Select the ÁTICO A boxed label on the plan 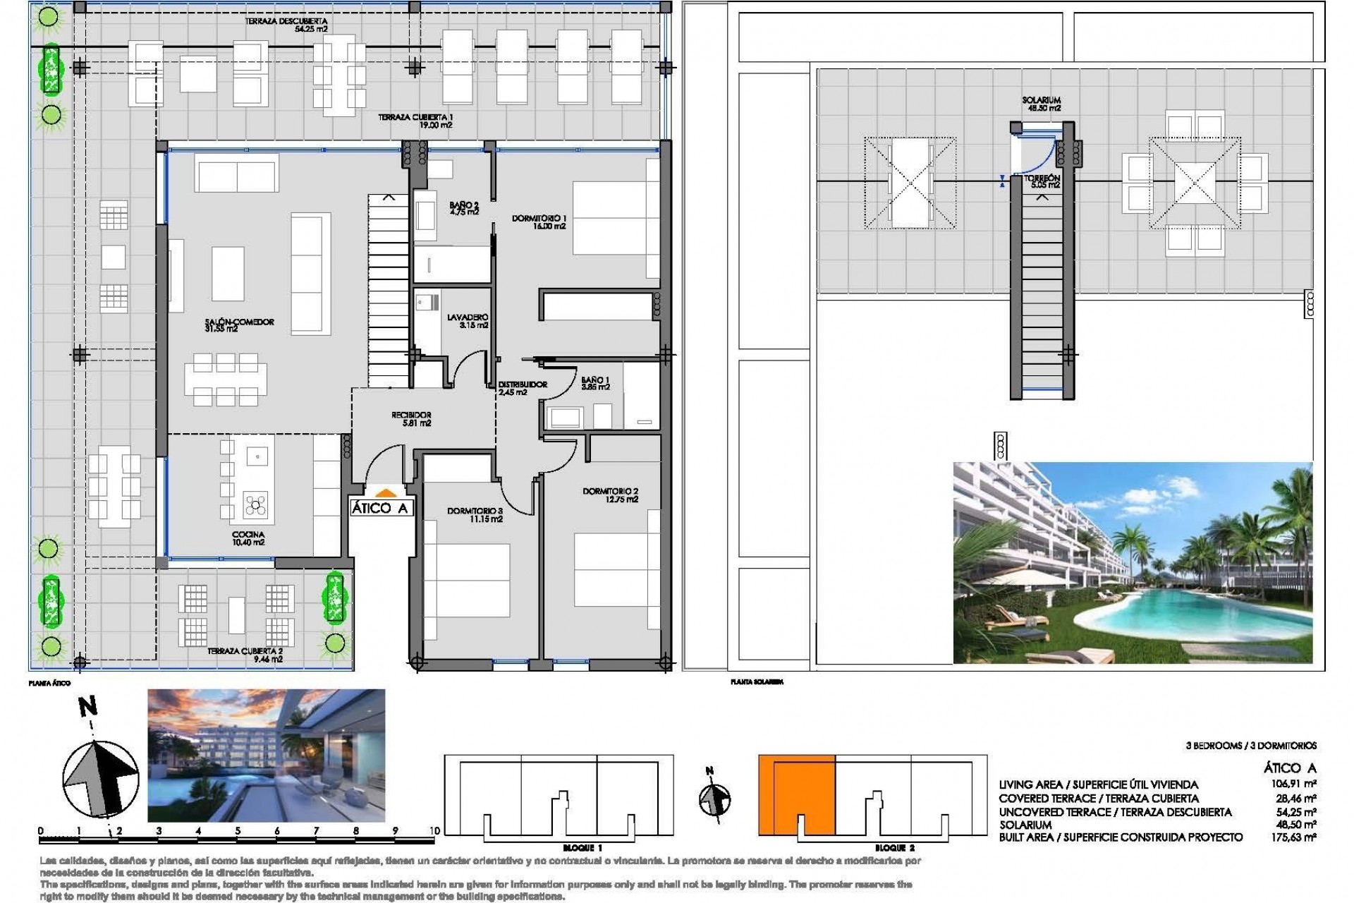tap(380, 508)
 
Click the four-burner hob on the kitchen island tap(255, 504)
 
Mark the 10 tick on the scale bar tap(434, 832)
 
